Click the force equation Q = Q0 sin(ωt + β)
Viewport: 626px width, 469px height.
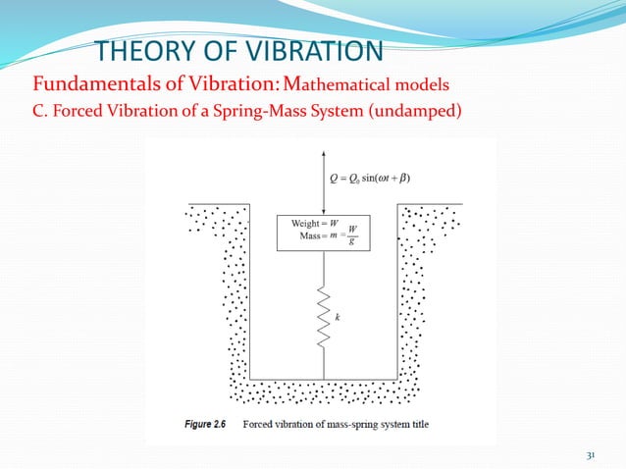tap(370, 178)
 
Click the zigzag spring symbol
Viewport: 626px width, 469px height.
tap(324, 319)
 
